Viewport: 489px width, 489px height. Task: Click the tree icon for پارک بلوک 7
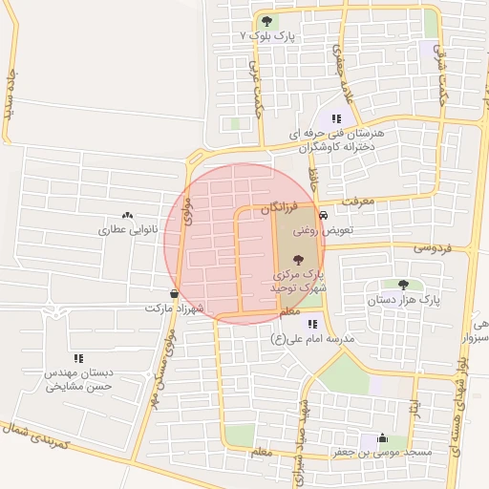coord(266,21)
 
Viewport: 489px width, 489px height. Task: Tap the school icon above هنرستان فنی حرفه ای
coord(335,118)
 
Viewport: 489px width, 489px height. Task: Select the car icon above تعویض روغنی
coord(324,216)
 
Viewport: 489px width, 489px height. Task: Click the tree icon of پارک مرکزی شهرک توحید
coord(298,259)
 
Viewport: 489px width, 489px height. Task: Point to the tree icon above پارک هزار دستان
coord(403,285)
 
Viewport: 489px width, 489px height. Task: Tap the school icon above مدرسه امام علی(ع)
coord(311,325)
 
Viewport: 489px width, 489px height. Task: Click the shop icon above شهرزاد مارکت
coord(174,294)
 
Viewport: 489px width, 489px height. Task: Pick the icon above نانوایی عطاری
coord(128,216)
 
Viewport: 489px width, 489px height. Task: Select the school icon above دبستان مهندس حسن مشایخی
coord(78,358)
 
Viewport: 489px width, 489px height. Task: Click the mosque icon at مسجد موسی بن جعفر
coord(382,438)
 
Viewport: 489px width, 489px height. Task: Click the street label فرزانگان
coord(282,207)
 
